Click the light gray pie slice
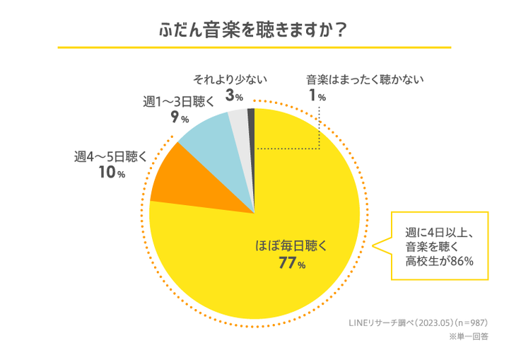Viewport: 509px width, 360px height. tap(239, 122)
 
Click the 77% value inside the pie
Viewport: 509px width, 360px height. tap(291, 265)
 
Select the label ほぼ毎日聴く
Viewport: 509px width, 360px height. tap(291, 247)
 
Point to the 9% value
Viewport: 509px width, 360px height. tap(179, 118)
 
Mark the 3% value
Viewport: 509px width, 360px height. tap(235, 95)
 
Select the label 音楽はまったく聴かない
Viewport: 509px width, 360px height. tap(364, 79)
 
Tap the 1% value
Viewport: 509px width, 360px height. tap(316, 95)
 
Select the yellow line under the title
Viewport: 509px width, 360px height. tap(254, 48)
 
